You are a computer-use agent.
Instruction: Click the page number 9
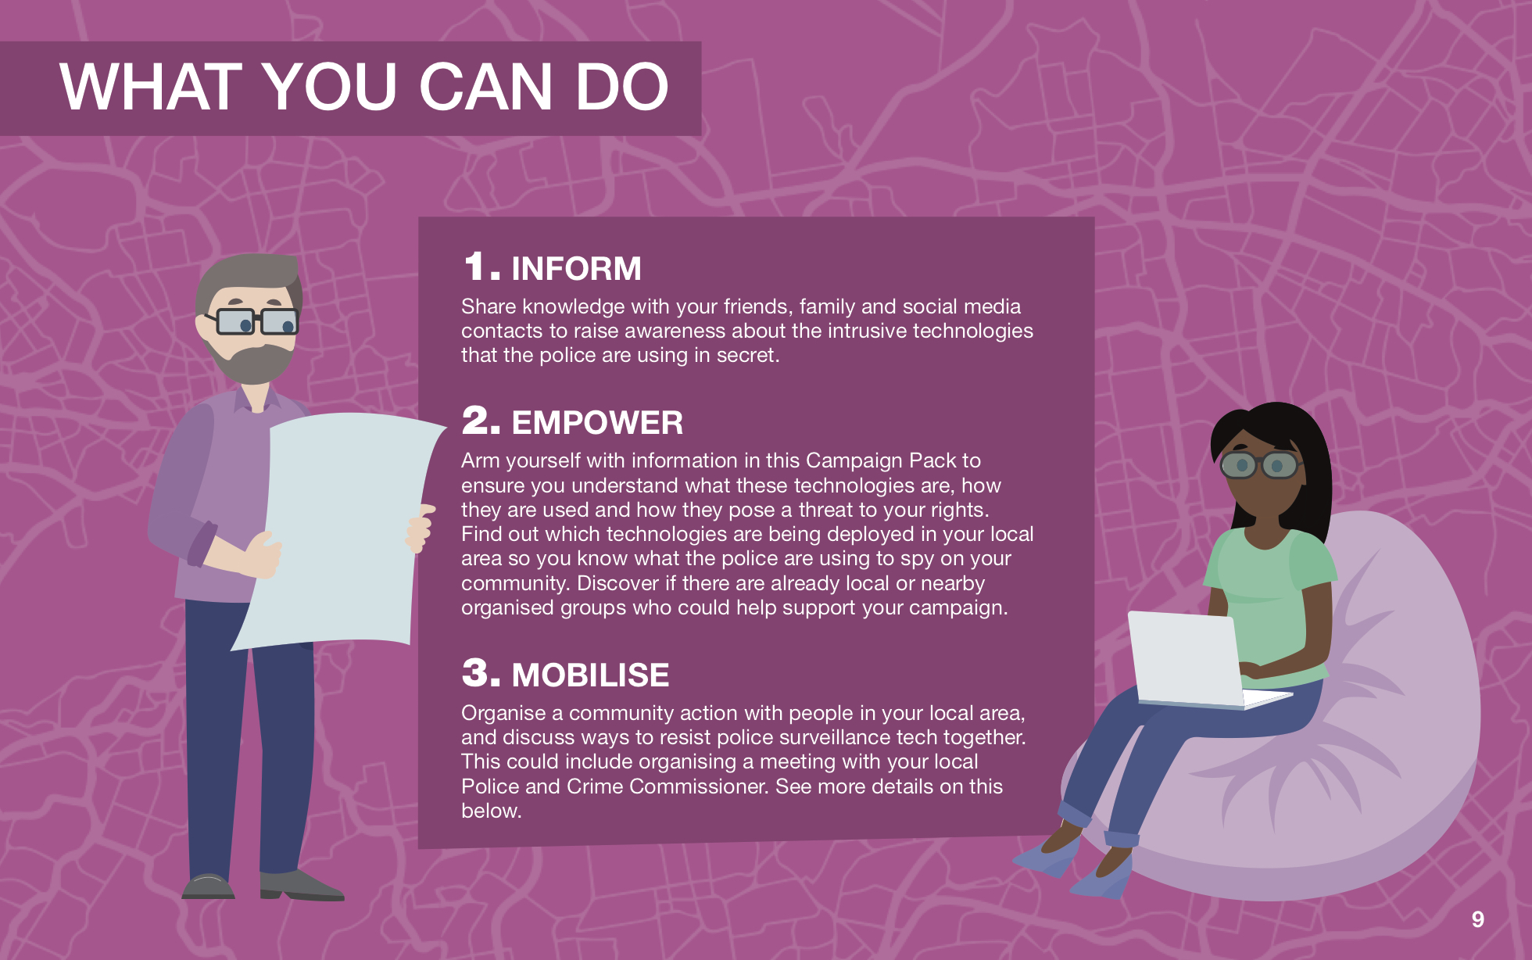[x=1477, y=919]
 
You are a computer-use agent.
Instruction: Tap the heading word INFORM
[x=576, y=269]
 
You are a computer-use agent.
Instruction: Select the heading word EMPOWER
[x=597, y=423]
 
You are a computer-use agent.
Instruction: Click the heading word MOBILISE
[x=590, y=675]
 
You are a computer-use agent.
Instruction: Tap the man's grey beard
[x=251, y=360]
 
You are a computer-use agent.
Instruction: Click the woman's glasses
[x=1259, y=465]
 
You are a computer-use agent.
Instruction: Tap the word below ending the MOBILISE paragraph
[x=491, y=811]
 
